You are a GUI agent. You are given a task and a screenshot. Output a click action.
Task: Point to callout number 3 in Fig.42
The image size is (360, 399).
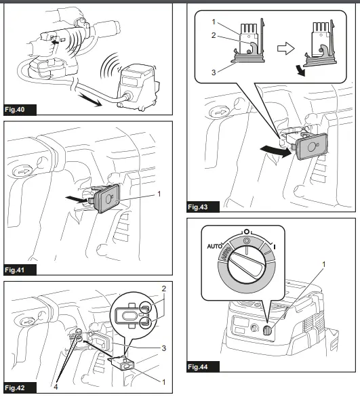[x=163, y=348]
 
